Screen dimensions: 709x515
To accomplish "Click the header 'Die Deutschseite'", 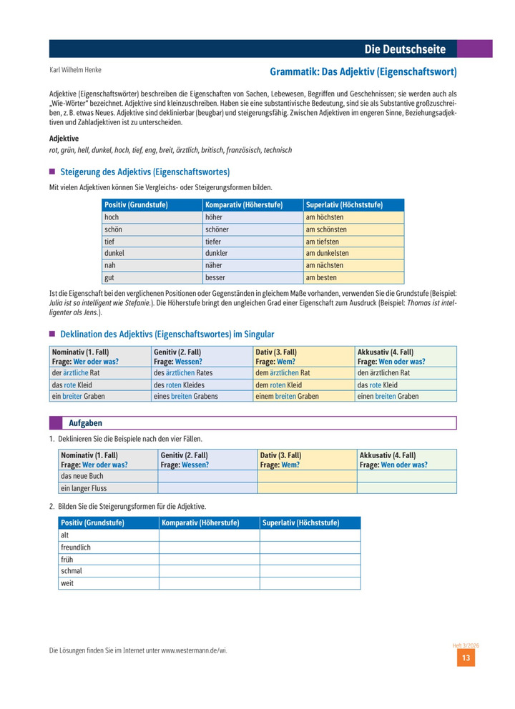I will [405, 49].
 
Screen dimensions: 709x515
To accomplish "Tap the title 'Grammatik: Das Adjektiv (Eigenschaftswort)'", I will [363, 72].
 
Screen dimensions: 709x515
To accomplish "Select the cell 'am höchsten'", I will [325, 217].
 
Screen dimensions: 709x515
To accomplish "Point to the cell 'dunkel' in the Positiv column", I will [114, 254].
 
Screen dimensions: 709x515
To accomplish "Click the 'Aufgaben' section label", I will [85, 423].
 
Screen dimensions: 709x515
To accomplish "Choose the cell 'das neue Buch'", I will [83, 476].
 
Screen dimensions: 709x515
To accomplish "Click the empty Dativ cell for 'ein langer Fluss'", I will [306, 488].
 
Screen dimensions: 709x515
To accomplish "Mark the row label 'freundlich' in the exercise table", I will [77, 547].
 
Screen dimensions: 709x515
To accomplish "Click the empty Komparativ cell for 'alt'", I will [209, 535].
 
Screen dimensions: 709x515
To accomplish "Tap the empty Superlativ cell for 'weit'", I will [310, 583].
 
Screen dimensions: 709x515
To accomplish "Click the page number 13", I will [465, 658].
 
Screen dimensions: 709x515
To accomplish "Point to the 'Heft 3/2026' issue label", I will [465, 645].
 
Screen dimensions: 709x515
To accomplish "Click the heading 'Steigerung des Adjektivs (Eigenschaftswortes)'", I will [144, 172].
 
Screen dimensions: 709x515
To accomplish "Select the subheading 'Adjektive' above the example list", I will [64, 138].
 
